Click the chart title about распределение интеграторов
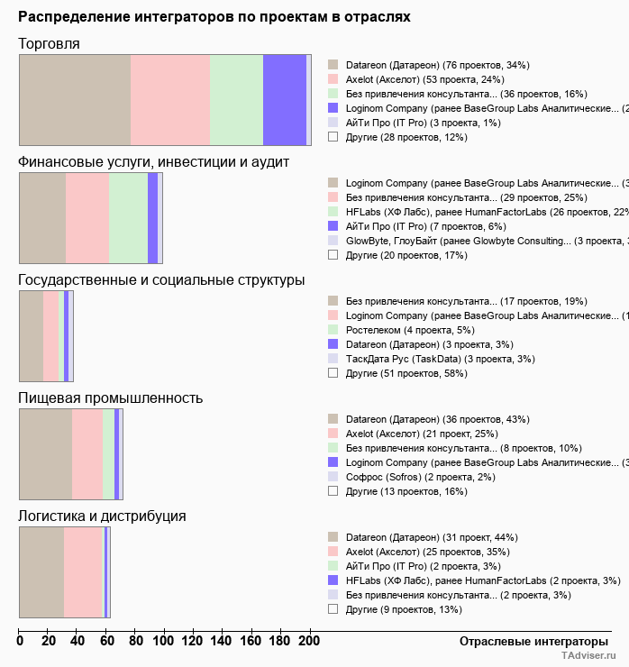click(214, 17)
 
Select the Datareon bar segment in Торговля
click(75, 99)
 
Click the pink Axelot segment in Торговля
click(170, 99)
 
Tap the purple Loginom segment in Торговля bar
click(285, 99)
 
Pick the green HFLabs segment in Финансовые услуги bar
click(128, 217)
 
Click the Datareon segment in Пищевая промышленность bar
click(45, 453)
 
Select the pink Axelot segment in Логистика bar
click(84, 572)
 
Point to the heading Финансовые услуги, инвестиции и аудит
click(153, 161)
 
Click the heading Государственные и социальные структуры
click(161, 280)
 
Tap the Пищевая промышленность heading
click(110, 397)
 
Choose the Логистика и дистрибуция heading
click(102, 516)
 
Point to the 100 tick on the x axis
click(165, 641)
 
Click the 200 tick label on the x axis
click(310, 641)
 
